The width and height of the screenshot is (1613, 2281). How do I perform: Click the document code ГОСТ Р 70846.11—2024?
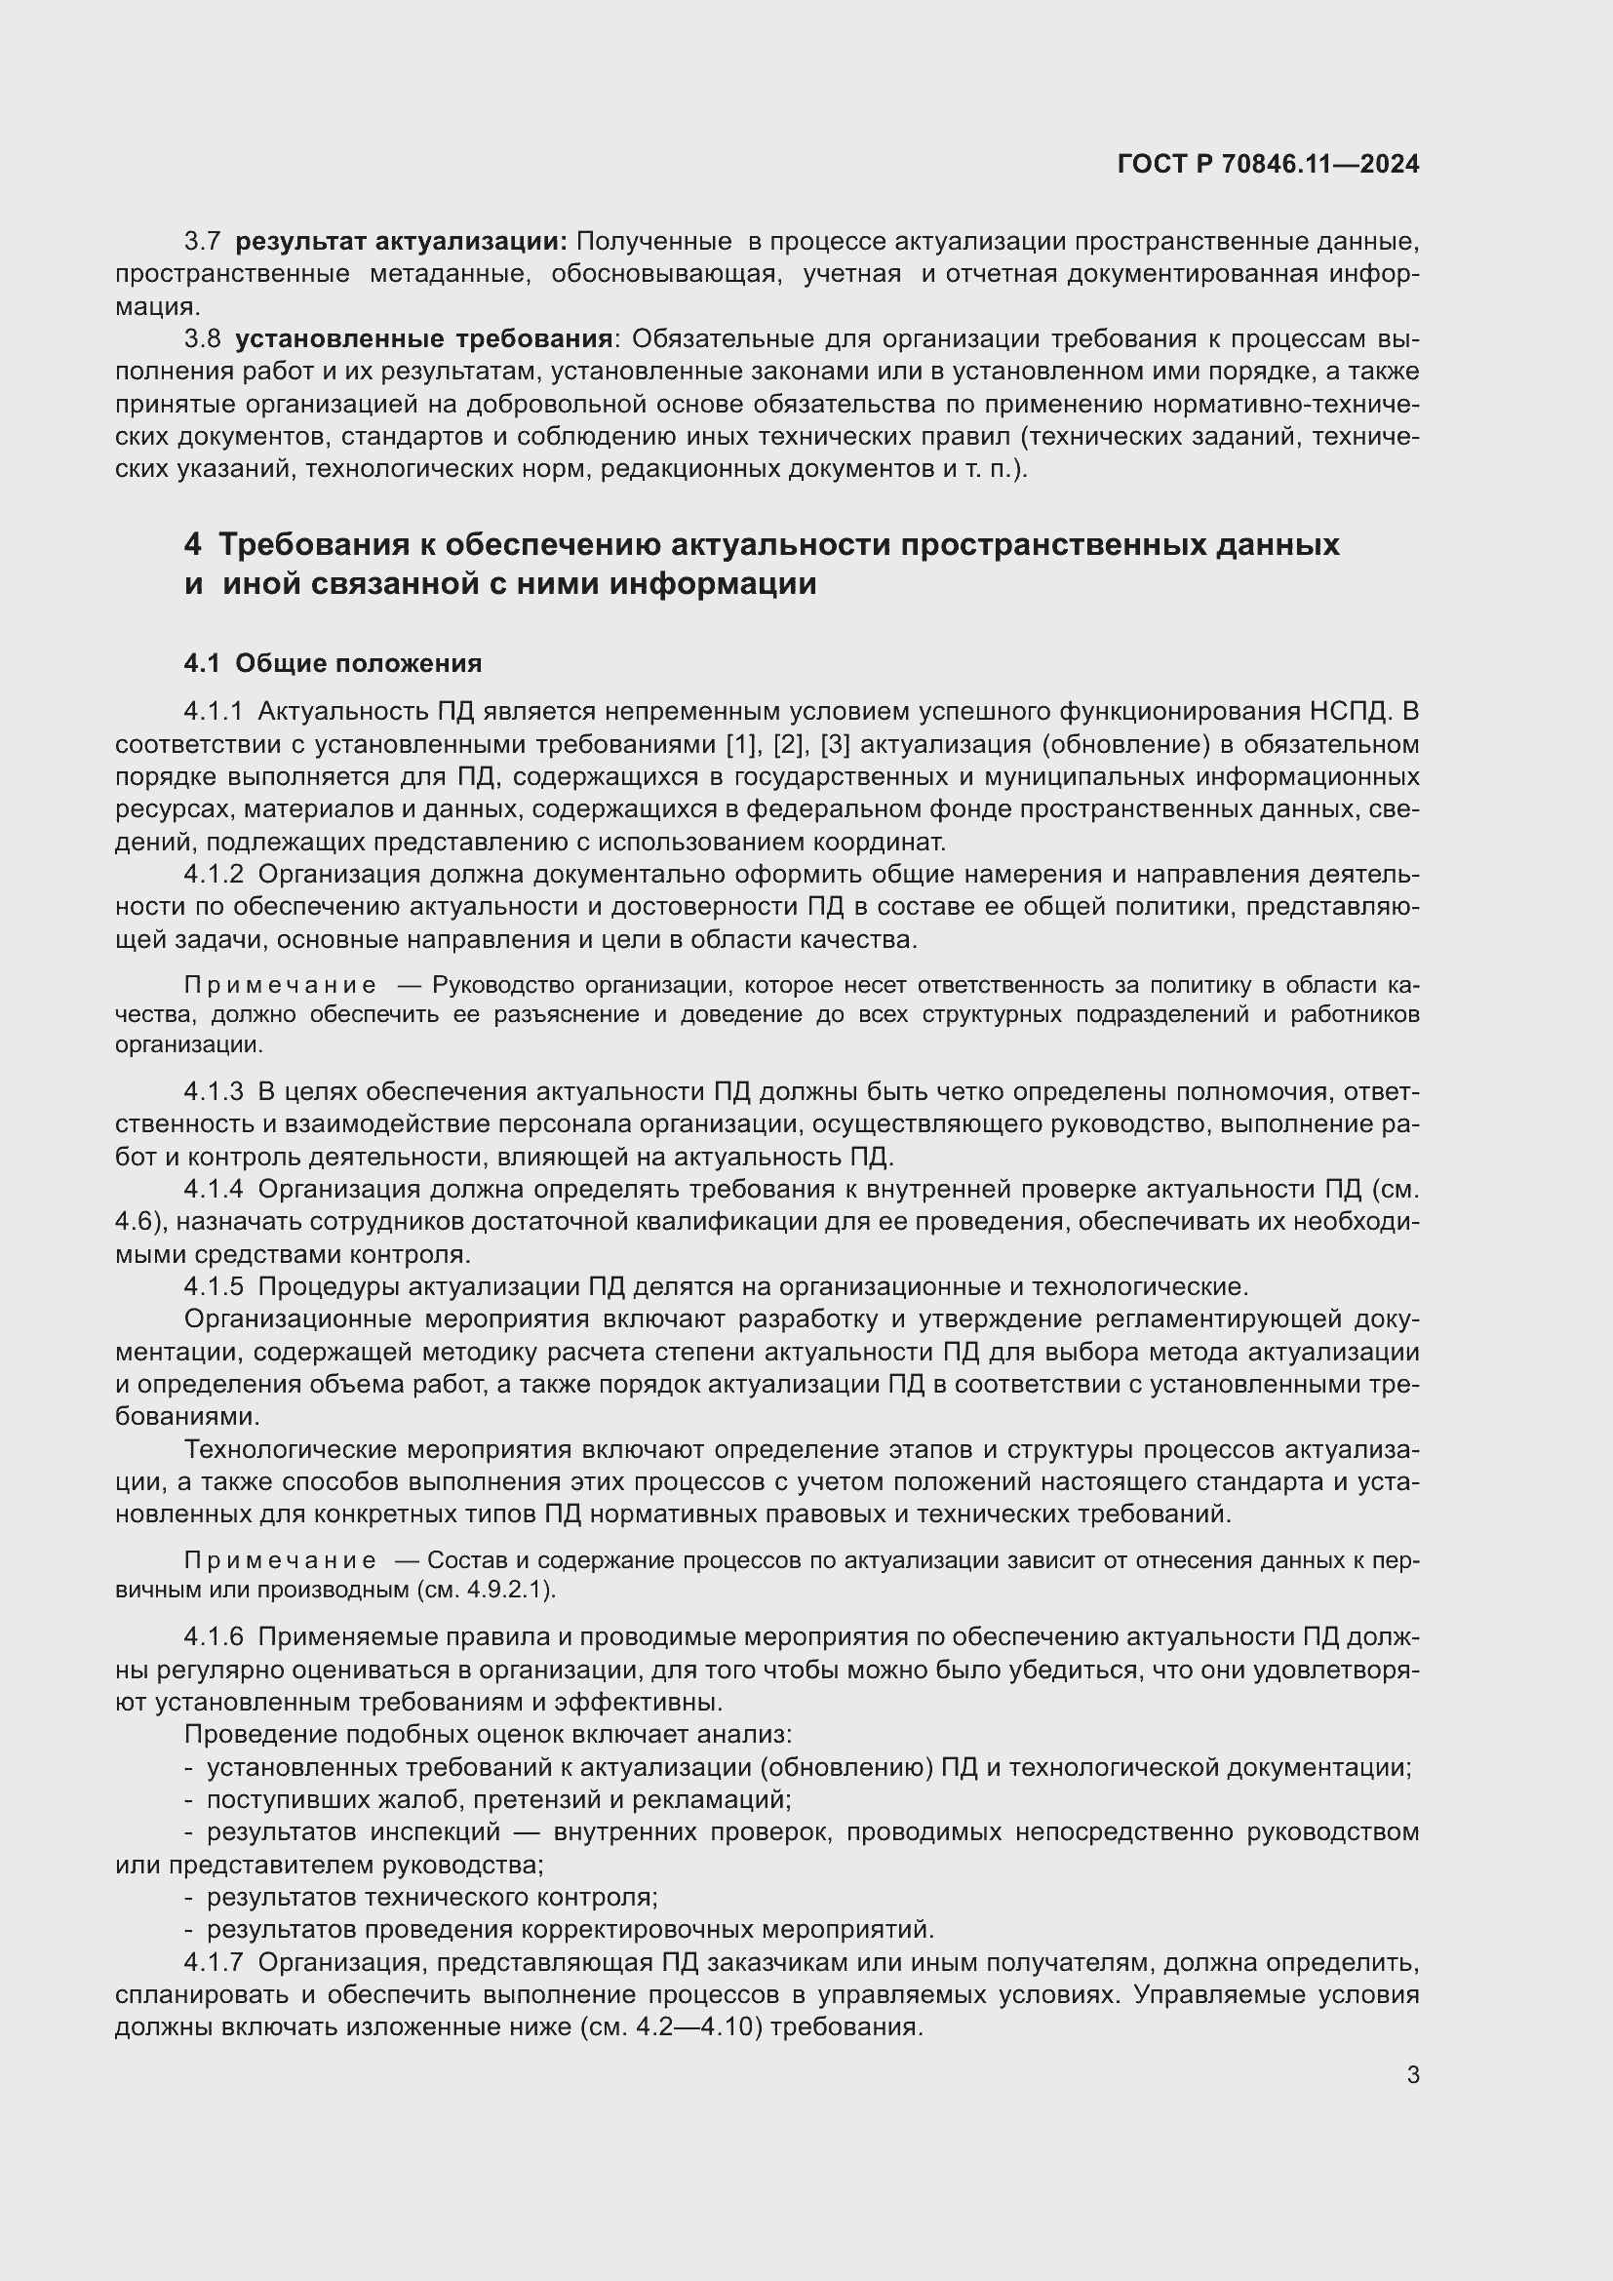1268,164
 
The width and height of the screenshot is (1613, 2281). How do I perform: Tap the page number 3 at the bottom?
1412,2074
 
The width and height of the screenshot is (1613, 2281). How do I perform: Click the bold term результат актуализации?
401,242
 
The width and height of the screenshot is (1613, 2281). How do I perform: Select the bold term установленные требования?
423,338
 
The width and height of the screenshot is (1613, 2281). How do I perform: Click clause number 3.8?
203,338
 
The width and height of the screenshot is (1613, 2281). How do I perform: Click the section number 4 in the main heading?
193,544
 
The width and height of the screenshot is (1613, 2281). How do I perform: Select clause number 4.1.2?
214,874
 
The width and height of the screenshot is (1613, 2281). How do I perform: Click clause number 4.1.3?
214,1092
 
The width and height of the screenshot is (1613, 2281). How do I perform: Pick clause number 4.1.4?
214,1189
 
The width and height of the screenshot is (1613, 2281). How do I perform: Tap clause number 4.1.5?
214,1286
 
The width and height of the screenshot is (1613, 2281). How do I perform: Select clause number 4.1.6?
214,1637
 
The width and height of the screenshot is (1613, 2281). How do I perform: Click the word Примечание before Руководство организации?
280,986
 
